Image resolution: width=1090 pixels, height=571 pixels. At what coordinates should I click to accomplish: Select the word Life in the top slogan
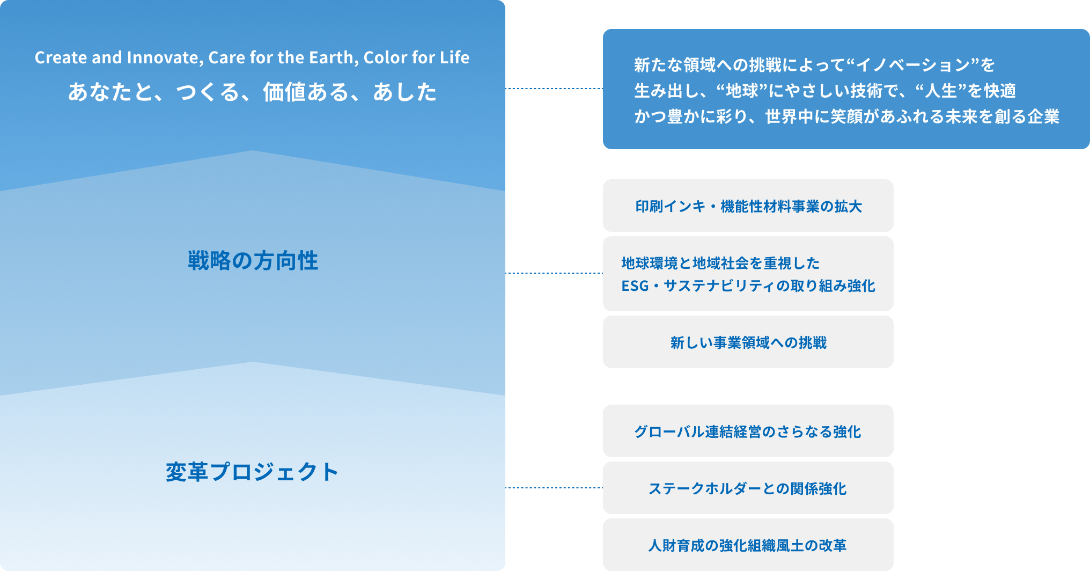click(455, 57)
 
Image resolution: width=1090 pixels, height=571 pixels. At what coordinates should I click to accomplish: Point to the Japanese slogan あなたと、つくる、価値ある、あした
click(252, 92)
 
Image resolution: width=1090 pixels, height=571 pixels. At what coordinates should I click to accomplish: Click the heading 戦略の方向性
click(253, 261)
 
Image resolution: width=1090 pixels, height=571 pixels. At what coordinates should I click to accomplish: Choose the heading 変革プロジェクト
click(252, 472)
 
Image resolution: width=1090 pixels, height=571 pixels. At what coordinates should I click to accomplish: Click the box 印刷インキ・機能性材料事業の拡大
click(748, 206)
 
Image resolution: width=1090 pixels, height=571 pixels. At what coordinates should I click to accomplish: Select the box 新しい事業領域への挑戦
click(748, 342)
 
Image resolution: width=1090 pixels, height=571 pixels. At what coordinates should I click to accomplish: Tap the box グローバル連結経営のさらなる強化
click(748, 431)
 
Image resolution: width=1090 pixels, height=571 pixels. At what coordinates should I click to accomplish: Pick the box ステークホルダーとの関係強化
click(748, 488)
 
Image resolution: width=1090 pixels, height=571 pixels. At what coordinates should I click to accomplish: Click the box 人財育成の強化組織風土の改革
click(748, 545)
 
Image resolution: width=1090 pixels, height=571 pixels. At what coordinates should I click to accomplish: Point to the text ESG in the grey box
click(635, 286)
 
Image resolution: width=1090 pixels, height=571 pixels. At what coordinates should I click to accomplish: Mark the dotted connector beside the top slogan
click(554, 89)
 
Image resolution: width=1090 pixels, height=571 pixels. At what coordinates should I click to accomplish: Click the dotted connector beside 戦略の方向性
click(554, 273)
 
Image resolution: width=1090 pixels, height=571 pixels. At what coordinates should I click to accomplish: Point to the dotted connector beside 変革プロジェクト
click(554, 488)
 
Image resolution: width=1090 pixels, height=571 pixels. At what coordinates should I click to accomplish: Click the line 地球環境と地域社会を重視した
click(720, 263)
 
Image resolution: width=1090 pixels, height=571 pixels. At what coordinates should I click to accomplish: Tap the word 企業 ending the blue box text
click(1043, 116)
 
